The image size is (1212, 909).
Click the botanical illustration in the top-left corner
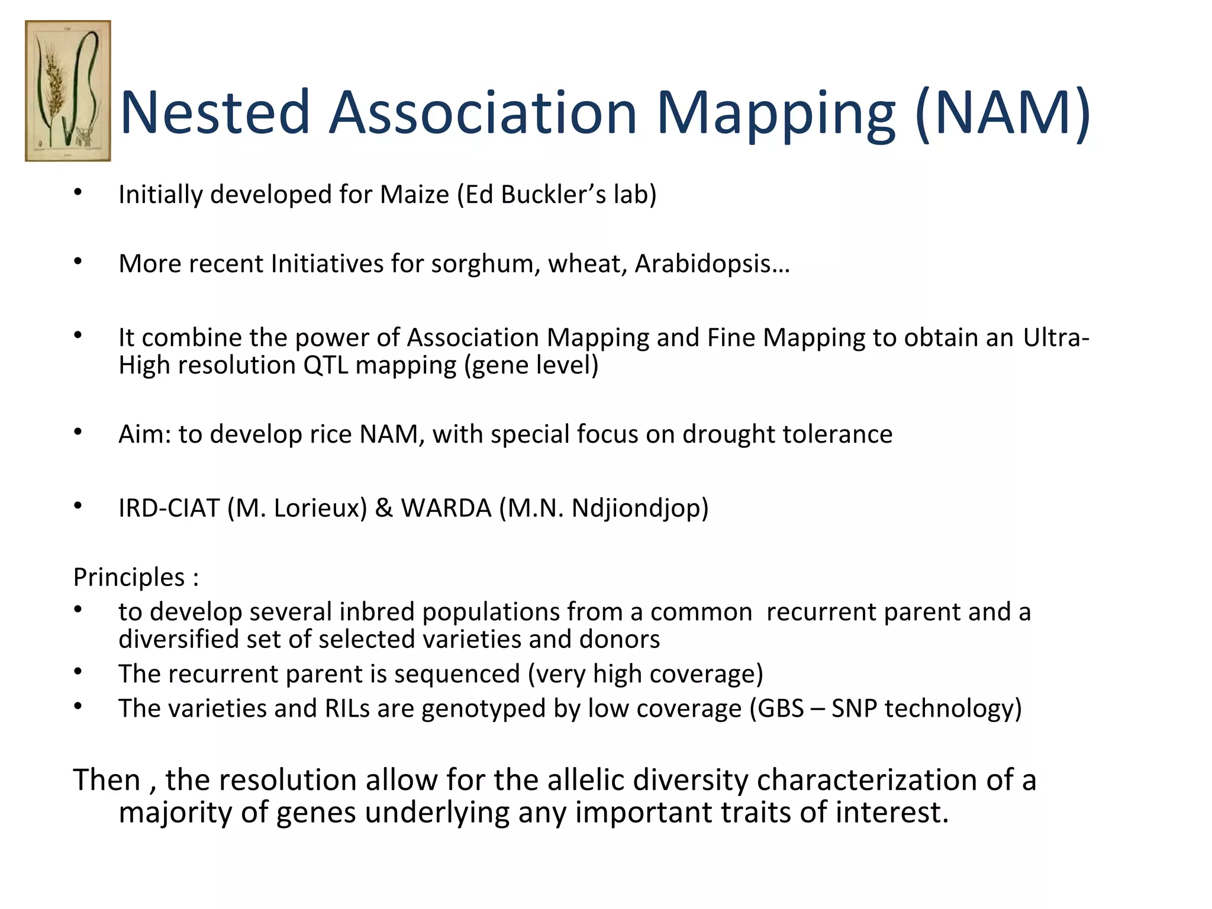point(67,91)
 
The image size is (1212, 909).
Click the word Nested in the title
point(215,112)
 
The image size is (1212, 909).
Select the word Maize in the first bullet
point(414,195)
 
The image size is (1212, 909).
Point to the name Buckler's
point(553,195)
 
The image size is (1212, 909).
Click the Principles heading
point(129,577)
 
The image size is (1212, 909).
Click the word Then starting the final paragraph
point(107,779)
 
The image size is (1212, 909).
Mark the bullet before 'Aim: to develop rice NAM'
point(78,432)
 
